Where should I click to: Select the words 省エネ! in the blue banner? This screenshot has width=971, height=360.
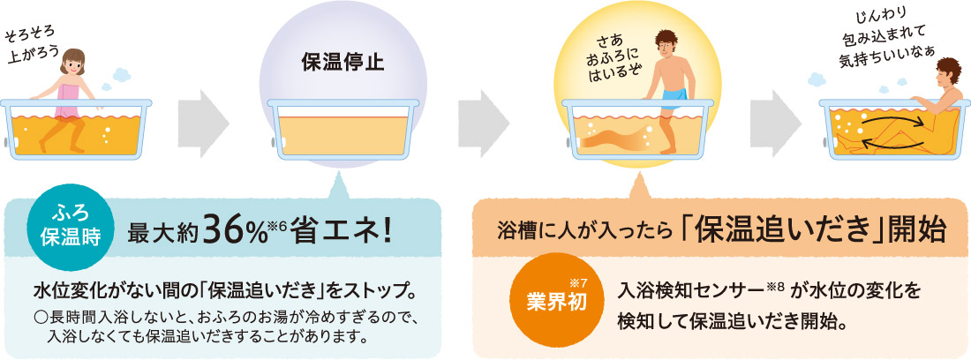tap(344, 233)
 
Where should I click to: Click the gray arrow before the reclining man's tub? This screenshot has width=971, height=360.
tap(777, 114)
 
